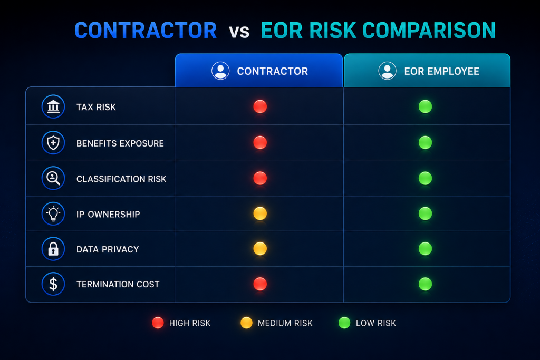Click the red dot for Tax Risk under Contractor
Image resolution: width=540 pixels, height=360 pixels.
260,106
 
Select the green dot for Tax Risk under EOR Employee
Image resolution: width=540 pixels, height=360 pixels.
426,106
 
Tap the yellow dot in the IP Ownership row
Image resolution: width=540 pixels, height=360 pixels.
260,213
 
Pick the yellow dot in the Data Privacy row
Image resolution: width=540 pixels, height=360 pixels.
260,248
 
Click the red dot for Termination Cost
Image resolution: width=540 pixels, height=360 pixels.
260,284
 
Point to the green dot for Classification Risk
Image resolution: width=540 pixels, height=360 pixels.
426,178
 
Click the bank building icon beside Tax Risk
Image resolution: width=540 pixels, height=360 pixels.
53,106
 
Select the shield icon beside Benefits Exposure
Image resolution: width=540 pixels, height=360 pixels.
53,142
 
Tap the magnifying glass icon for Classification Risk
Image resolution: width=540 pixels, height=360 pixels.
53,178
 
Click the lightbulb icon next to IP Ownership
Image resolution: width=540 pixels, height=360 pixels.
53,213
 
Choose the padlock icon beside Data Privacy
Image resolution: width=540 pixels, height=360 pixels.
53,249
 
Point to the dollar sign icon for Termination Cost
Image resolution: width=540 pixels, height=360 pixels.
53,284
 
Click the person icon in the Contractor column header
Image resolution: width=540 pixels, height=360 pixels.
220,71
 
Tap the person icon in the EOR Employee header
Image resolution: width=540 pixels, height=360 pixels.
388,71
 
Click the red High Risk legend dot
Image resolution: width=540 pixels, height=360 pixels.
158,323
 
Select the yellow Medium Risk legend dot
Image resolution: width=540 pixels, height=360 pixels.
247,323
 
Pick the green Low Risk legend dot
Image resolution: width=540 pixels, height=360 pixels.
344,323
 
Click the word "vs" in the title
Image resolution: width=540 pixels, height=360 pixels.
239,32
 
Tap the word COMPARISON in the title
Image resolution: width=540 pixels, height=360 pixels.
429,30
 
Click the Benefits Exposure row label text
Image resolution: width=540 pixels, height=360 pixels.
120,143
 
